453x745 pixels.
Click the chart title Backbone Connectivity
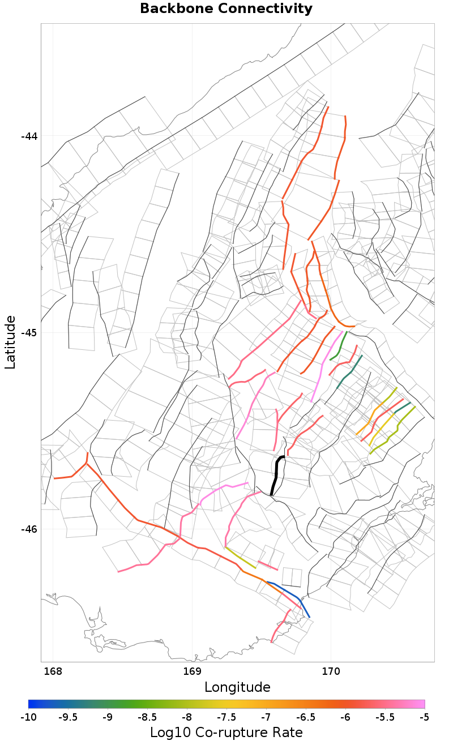226,9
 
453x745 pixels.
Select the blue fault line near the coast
294,595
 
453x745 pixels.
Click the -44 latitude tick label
29,136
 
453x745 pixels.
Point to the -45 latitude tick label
29,332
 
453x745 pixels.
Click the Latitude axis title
11,342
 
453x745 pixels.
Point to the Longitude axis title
237,687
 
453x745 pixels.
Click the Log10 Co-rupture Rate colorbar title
226,733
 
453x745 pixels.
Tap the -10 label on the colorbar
28,717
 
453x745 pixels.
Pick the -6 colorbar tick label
345,717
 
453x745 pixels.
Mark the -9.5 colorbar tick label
68,717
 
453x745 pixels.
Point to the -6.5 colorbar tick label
305,717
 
